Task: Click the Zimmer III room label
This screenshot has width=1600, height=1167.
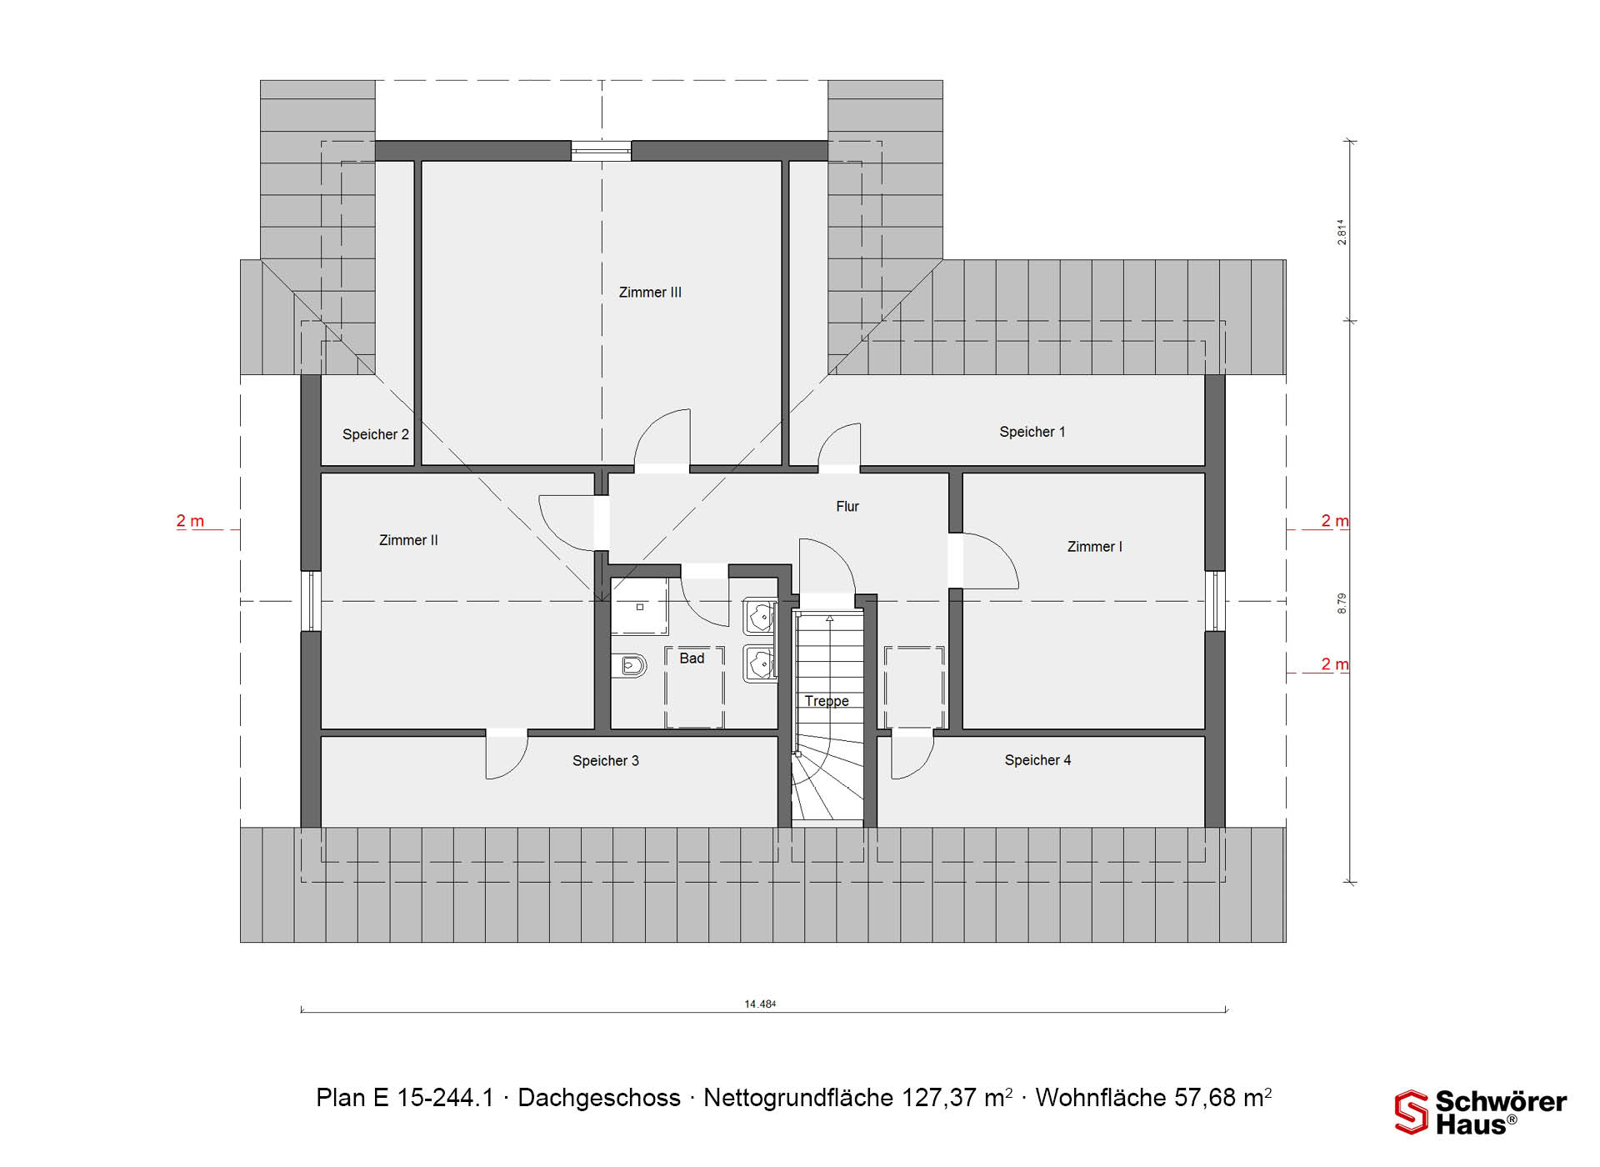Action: (x=650, y=293)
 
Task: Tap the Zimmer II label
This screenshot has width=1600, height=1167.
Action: (x=408, y=540)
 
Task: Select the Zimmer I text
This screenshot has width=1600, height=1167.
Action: (x=1095, y=547)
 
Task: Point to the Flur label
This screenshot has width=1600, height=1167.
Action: (x=847, y=506)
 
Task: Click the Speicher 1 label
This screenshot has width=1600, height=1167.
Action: (x=1032, y=432)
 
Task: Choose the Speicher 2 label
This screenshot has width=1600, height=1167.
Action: (x=376, y=434)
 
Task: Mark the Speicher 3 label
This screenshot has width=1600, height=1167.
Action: (x=606, y=761)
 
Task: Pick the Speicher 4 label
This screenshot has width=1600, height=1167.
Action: (x=1037, y=760)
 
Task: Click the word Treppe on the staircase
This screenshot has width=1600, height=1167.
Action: (x=827, y=702)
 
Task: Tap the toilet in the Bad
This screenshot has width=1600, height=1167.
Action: (x=630, y=665)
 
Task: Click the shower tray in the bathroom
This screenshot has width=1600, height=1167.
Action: (x=639, y=607)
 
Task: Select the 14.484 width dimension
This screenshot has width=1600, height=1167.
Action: (x=760, y=1004)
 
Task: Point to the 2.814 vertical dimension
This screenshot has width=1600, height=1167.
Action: (x=1342, y=232)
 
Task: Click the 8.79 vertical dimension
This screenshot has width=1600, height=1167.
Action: (x=1342, y=604)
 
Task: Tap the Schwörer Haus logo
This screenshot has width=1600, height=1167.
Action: (x=1481, y=1112)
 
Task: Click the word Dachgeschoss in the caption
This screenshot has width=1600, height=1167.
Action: (x=599, y=1098)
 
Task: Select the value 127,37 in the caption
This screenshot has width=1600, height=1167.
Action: (x=939, y=1098)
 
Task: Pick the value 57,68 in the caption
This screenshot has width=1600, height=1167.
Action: (x=1206, y=1098)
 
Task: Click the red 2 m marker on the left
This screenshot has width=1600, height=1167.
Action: (x=190, y=521)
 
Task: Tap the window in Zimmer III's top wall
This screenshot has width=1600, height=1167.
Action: (x=601, y=151)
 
